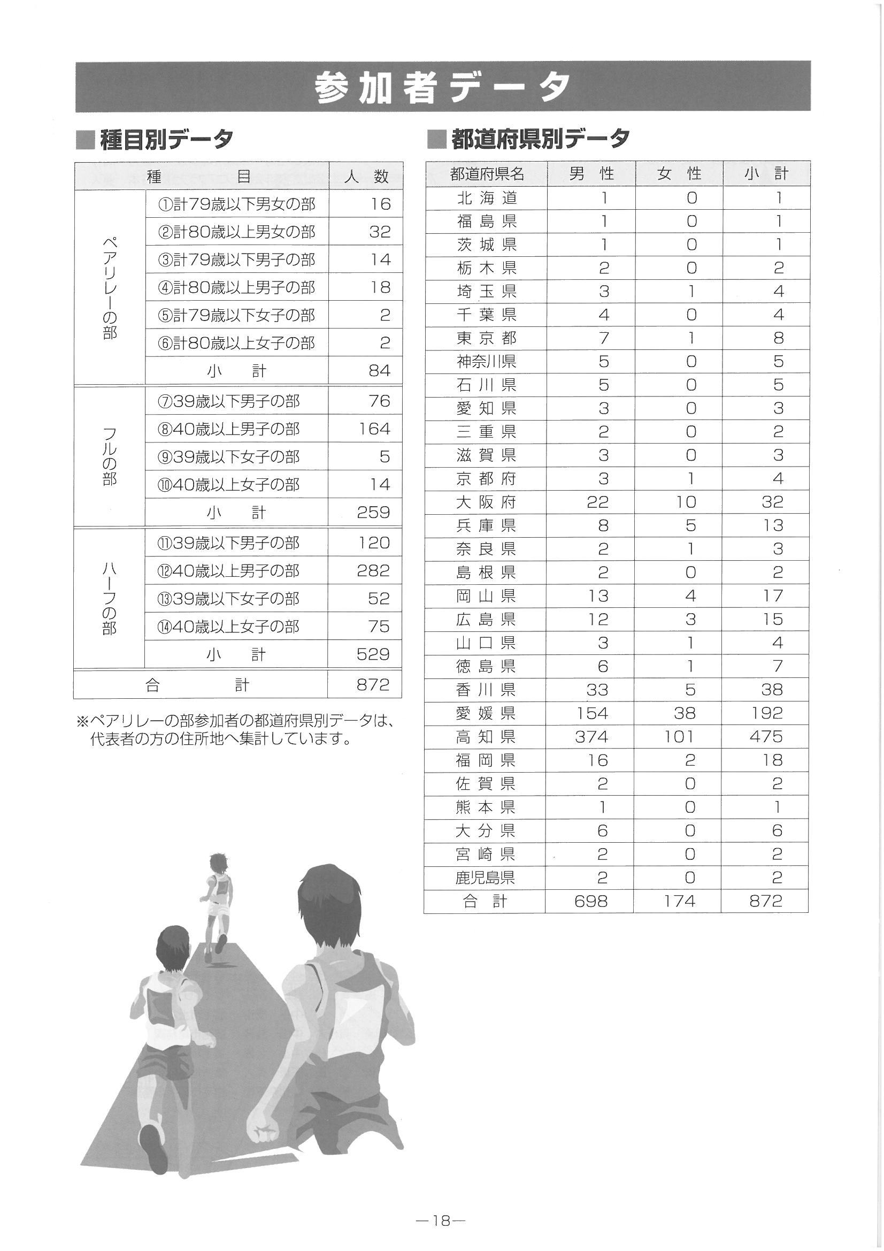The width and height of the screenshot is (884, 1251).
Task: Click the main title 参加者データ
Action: tap(442, 87)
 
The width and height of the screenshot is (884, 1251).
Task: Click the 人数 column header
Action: tap(366, 176)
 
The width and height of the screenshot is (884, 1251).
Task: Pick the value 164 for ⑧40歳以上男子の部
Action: tap(374, 429)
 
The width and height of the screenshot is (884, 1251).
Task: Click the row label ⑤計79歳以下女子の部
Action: tap(236, 316)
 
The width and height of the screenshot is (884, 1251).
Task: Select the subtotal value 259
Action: tap(373, 512)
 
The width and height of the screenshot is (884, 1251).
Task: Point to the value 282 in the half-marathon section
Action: tap(373, 570)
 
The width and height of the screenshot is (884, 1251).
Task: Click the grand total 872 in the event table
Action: tap(373, 684)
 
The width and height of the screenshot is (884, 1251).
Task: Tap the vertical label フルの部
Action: tap(110, 456)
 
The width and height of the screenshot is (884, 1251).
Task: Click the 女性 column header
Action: tap(679, 174)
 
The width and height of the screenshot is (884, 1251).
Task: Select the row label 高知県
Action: tap(485, 737)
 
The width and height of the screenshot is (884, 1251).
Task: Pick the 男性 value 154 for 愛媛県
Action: tap(591, 713)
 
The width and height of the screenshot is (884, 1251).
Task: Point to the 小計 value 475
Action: tap(766, 737)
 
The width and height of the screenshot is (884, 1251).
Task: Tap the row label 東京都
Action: tap(485, 338)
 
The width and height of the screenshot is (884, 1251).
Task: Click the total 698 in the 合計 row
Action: tap(590, 902)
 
